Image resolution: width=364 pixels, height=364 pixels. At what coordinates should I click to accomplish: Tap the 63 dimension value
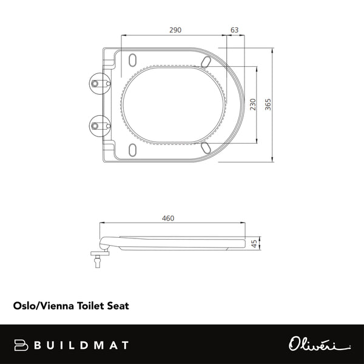pos(235,30)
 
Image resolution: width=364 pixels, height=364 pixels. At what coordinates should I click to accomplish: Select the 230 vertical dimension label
pos(252,104)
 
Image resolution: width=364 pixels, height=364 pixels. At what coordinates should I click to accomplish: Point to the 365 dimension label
pos(268,104)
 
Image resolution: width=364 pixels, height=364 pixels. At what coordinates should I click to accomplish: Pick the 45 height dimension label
pos(255,243)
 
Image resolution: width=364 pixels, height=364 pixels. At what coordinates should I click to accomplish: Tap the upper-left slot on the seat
pos(133,60)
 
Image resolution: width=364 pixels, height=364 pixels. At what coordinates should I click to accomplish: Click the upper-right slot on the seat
pos(206,61)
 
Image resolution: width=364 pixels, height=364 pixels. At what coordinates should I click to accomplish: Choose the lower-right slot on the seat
pos(206,147)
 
